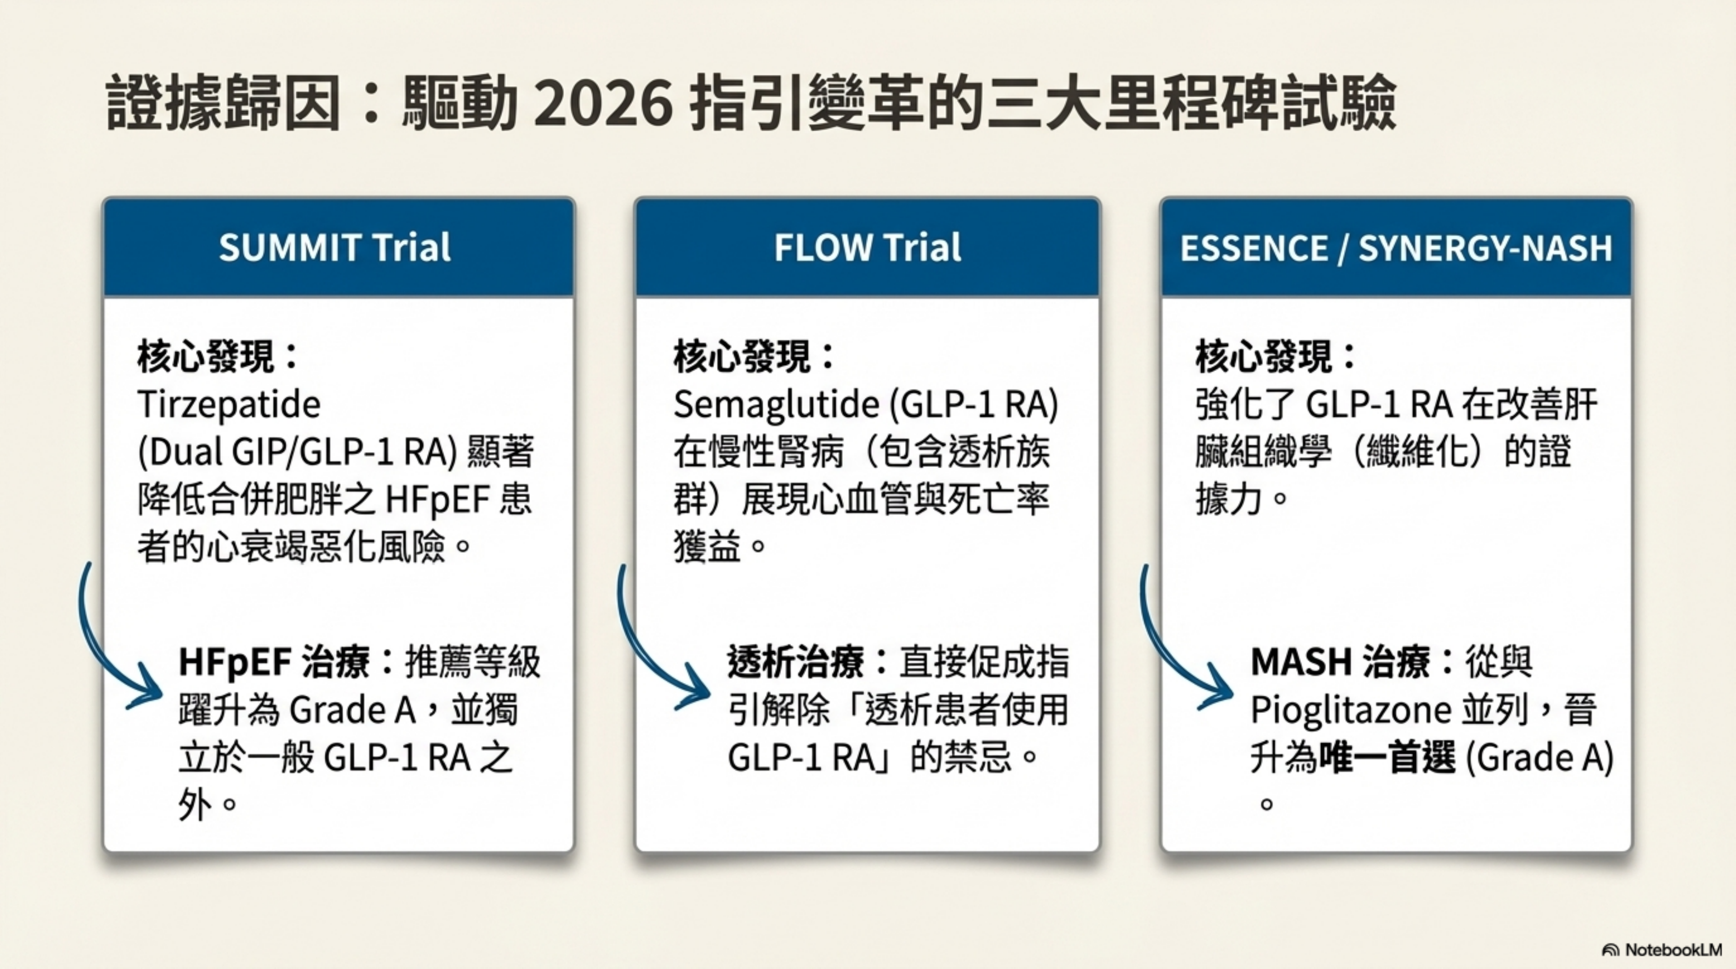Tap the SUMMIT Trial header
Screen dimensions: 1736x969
[x=335, y=247]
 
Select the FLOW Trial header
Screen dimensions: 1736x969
[x=867, y=247]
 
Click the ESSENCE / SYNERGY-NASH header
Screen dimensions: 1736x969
[x=1396, y=248]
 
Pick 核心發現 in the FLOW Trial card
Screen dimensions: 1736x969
[x=741, y=356]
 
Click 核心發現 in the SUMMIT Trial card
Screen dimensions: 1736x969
[x=206, y=356]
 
